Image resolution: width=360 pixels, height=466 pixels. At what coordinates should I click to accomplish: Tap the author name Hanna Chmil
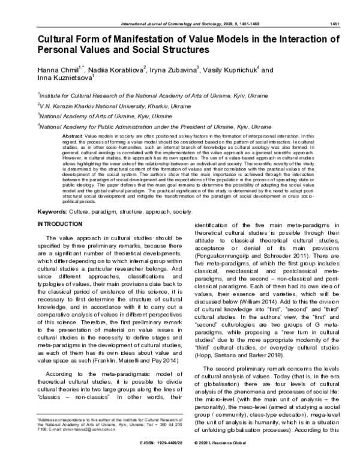(x=56, y=70)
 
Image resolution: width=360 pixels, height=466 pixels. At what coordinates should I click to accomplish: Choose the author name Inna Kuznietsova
(x=64, y=81)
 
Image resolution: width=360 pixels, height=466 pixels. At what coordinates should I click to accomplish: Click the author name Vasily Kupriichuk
(x=233, y=70)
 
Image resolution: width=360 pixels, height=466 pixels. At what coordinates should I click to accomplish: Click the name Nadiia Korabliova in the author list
(x=118, y=70)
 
